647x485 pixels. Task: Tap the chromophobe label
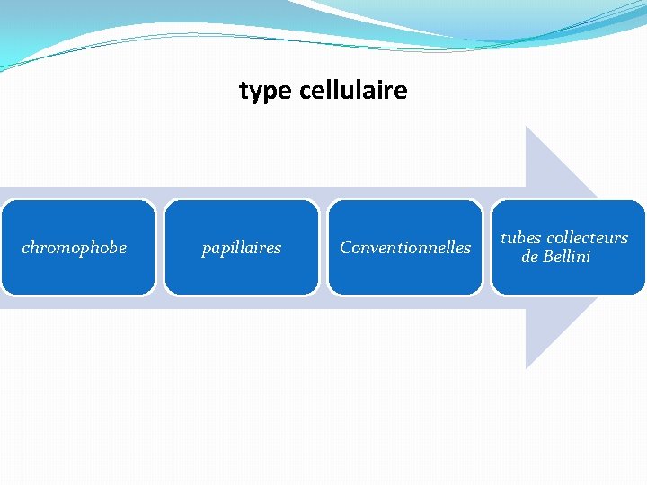[x=74, y=248]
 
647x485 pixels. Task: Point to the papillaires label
[x=241, y=248]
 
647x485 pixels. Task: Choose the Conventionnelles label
[x=404, y=248]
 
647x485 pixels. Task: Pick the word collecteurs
[x=587, y=238]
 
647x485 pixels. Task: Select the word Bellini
[x=566, y=257]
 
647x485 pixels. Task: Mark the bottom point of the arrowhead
[x=527, y=367]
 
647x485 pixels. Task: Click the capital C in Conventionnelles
[x=346, y=248]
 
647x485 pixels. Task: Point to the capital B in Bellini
[x=548, y=257]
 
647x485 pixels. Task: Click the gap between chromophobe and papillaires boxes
[x=160, y=248]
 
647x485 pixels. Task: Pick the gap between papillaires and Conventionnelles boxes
[x=323, y=248]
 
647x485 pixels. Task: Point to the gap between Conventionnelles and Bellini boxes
[x=487, y=248]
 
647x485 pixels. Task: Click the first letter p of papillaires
[x=206, y=249]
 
